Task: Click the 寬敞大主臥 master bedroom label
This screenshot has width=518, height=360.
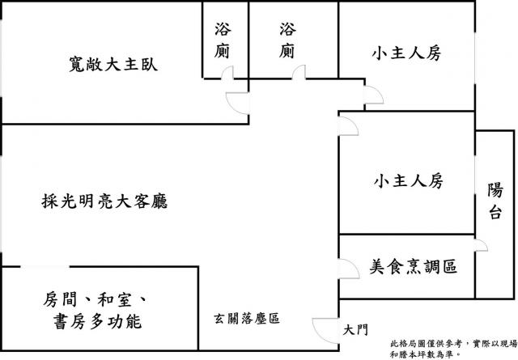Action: tap(113, 64)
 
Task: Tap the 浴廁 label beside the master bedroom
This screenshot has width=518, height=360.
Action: tap(223, 41)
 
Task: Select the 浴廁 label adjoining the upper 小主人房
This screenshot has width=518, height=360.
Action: tap(287, 41)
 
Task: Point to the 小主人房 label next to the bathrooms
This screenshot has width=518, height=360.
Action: tap(405, 54)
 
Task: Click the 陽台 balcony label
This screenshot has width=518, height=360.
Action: tap(495, 201)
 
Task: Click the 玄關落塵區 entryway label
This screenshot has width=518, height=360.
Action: tap(247, 319)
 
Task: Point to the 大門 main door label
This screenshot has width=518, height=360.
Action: tap(355, 329)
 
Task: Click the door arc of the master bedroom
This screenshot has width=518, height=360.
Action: tap(237, 104)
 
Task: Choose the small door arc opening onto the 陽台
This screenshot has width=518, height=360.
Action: tap(481, 244)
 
